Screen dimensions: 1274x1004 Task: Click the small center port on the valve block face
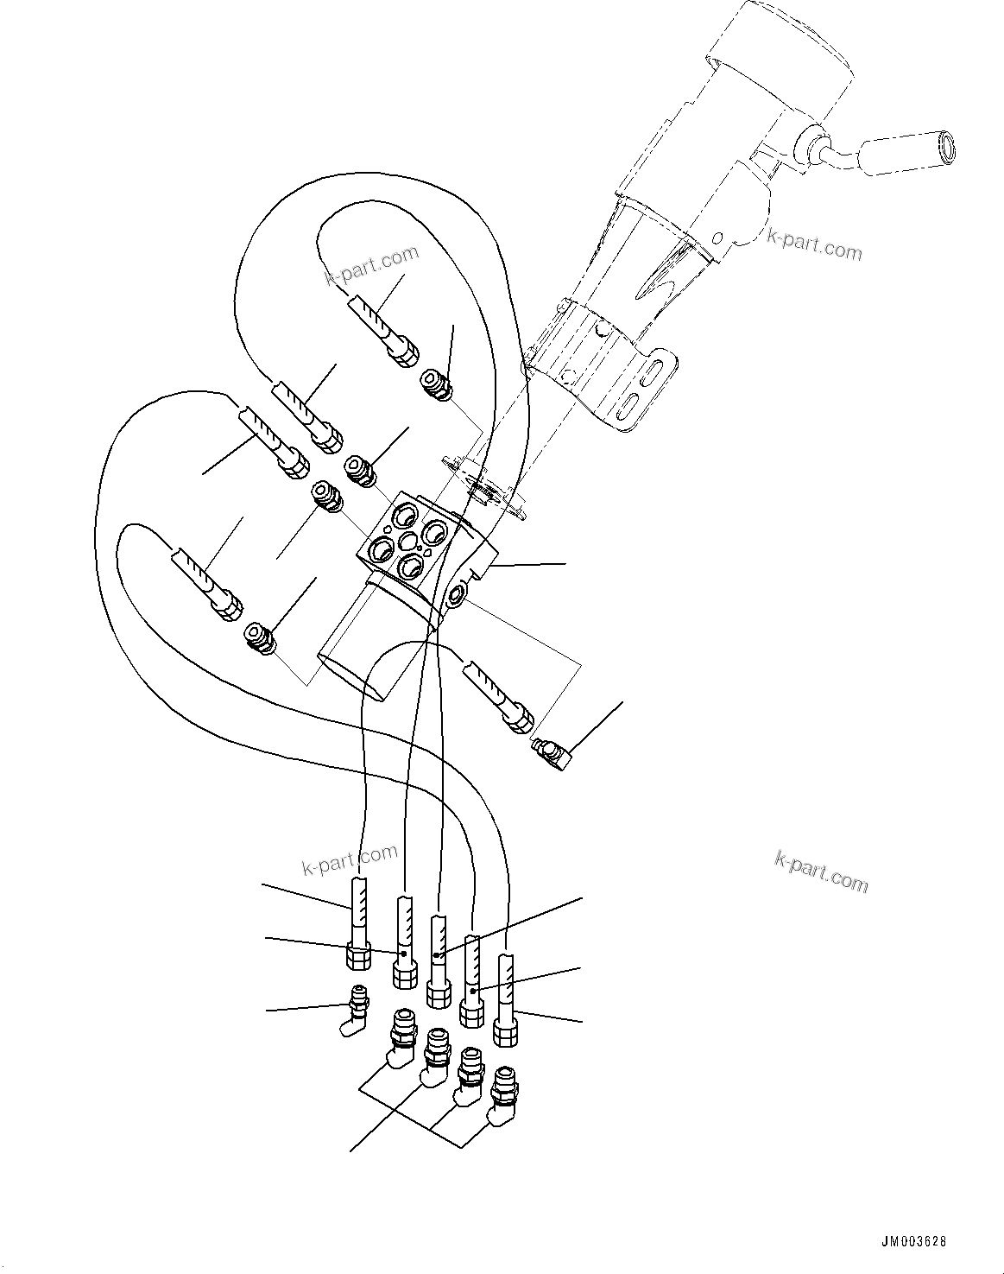tap(407, 544)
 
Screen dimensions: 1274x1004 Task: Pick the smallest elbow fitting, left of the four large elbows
tap(355, 1011)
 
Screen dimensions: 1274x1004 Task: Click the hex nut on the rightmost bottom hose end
tap(504, 1033)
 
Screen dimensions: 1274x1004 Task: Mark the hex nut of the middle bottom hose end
tap(439, 994)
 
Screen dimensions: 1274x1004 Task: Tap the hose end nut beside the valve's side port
tap(520, 720)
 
